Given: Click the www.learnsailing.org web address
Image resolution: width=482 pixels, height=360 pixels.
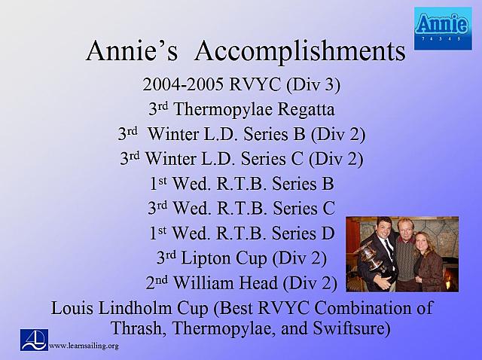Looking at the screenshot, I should point(84,346).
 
